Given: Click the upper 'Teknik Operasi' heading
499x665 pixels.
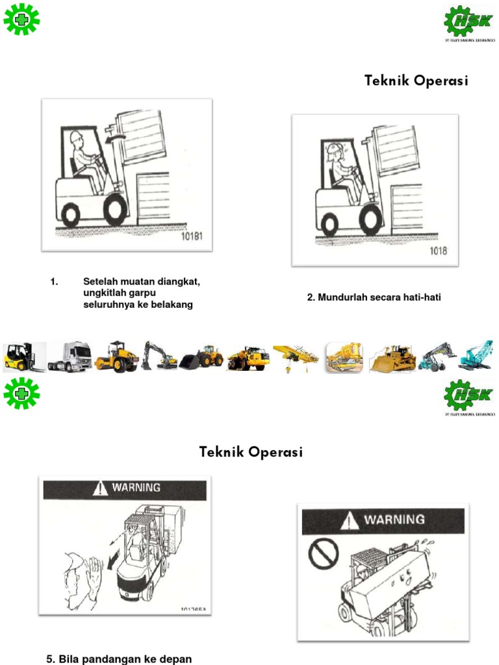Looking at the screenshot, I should [x=416, y=81].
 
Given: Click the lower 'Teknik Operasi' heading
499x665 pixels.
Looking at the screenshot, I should [x=251, y=452].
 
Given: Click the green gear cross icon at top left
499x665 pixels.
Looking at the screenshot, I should [x=21, y=19].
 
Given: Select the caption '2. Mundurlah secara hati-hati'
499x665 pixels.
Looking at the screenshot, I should [x=378, y=298].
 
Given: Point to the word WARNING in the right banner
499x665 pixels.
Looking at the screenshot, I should [x=393, y=520].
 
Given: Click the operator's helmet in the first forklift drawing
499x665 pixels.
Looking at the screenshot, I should [x=77, y=136].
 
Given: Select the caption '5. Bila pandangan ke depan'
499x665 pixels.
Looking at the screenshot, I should [x=119, y=659].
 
